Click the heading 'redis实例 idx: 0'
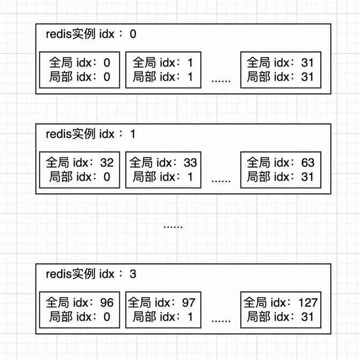pyautogui.click(x=91, y=34)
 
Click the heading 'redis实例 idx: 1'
pyautogui.click(x=91, y=134)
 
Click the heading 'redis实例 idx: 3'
pyautogui.click(x=91, y=274)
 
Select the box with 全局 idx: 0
pyautogui.click(x=80, y=70)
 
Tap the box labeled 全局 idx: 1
pyautogui.click(x=163, y=70)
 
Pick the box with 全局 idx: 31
pyautogui.click(x=280, y=70)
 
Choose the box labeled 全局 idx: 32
pyautogui.click(x=80, y=170)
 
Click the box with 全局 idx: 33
pyautogui.click(x=163, y=170)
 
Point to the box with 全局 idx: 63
pyautogui.click(x=280, y=170)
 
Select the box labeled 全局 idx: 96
pyautogui.click(x=80, y=309)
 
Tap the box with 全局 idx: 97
pyautogui.click(x=163, y=309)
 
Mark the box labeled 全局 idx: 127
pyautogui.click(x=280, y=309)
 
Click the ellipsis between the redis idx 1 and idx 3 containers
pyautogui.click(x=173, y=226)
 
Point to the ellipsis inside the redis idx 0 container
pyautogui.click(x=221, y=81)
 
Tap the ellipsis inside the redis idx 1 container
pyautogui.click(x=221, y=181)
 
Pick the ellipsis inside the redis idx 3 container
pyautogui.click(x=221, y=321)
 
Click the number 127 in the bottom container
pyautogui.click(x=308, y=303)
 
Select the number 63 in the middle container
pyautogui.click(x=308, y=163)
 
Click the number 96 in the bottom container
pyautogui.click(x=107, y=303)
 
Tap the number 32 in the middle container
pyautogui.click(x=107, y=163)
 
